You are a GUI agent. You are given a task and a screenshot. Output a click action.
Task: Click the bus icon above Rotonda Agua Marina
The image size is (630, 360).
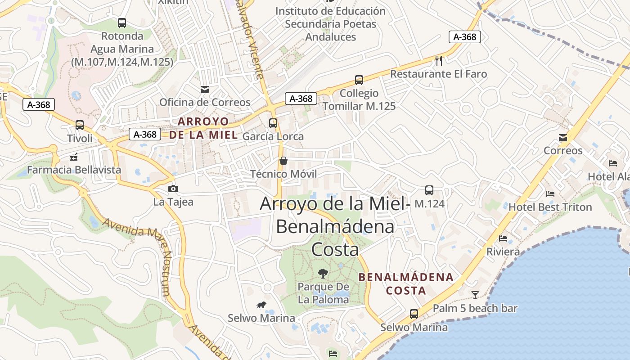coord(121,23)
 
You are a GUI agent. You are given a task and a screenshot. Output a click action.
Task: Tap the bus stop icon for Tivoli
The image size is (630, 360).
coord(80,125)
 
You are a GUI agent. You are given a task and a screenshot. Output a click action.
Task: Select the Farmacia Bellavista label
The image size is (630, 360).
coord(74,170)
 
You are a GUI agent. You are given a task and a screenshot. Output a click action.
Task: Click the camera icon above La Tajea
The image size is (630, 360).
coord(173,189)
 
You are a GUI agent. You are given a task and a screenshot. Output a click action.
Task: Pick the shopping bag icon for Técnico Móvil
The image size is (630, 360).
coord(283,161)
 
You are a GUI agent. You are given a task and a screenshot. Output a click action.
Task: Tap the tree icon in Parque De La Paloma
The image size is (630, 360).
coord(323,273)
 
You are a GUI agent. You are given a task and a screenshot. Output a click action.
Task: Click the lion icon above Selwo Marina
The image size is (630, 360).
coord(261,305)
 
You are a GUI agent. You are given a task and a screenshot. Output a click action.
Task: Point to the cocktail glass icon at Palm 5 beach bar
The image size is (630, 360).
coord(475,295)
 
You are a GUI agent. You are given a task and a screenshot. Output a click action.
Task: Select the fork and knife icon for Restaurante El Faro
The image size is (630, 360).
coord(439,60)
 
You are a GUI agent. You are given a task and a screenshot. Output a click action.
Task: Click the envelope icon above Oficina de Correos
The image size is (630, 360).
coord(205,89)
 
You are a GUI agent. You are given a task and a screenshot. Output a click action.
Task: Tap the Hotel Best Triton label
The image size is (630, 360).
coord(550,207)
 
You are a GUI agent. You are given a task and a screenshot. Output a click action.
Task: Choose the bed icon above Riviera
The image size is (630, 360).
coord(503,238)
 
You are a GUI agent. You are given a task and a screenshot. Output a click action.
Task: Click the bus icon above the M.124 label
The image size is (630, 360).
coord(429,190)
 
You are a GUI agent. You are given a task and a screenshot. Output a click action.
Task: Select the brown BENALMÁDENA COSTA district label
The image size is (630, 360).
coord(406,283)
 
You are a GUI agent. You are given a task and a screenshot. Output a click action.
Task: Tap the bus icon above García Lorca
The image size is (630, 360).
coord(273,123)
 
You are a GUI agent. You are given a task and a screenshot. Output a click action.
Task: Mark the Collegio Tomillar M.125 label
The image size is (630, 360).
coord(359,99)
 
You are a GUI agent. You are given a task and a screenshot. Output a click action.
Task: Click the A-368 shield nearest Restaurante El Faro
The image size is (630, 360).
coord(465,37)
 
